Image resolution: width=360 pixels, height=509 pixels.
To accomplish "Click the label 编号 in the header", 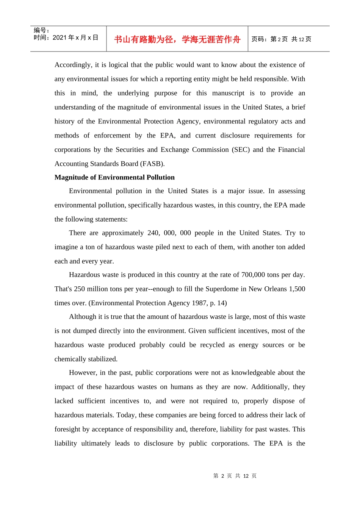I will tap(41, 30).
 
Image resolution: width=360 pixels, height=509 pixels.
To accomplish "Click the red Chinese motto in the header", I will tap(177, 39).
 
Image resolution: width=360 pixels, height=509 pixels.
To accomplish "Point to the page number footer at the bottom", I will tap(235, 476).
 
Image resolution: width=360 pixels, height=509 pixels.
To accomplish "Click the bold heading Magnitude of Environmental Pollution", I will tap(114, 177).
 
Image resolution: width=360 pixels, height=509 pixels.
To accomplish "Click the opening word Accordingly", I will tap(73, 65).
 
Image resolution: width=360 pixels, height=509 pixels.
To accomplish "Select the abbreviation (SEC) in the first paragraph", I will tap(241, 150).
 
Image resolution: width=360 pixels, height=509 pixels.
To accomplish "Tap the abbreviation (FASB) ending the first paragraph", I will tap(152, 164).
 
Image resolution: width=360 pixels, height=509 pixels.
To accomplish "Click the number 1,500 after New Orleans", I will tap(297, 289).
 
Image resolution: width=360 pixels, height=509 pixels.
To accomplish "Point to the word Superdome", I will tap(222, 289).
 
